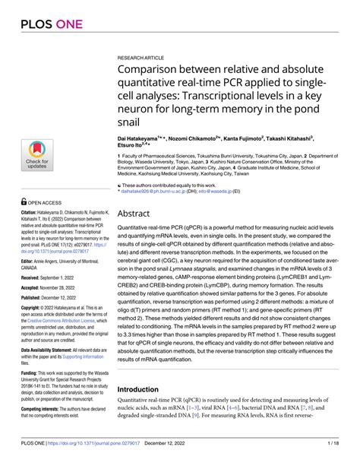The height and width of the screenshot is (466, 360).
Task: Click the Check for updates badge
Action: [x=37, y=154]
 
